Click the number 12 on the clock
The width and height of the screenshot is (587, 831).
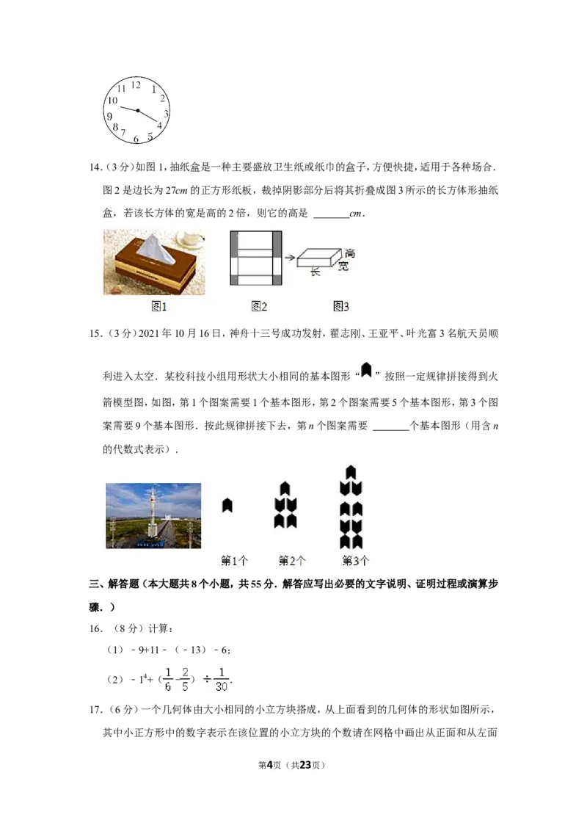pyautogui.click(x=136, y=84)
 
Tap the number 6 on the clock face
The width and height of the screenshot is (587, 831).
pyautogui.click(x=136, y=139)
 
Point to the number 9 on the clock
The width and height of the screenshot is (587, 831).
pyautogui.click(x=109, y=116)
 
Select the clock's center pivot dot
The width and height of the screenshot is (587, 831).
pyautogui.click(x=137, y=110)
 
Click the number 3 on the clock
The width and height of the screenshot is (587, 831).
pyautogui.click(x=166, y=114)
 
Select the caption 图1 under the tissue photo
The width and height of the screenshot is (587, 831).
pyautogui.click(x=159, y=307)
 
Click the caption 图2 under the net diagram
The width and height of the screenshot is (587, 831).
pyautogui.click(x=258, y=307)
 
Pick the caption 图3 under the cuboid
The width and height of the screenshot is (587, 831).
pyautogui.click(x=340, y=307)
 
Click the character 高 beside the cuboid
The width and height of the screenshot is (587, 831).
pyautogui.click(x=350, y=253)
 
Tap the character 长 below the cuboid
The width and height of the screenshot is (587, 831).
pyautogui.click(x=316, y=272)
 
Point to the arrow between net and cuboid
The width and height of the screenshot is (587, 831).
pyautogui.click(x=290, y=258)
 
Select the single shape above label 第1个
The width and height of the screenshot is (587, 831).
pyautogui.click(x=227, y=505)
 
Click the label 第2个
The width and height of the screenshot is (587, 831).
pyautogui.click(x=292, y=561)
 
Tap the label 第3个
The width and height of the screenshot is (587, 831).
pyautogui.click(x=356, y=561)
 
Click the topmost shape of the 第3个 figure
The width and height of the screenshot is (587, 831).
pyautogui.click(x=351, y=472)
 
